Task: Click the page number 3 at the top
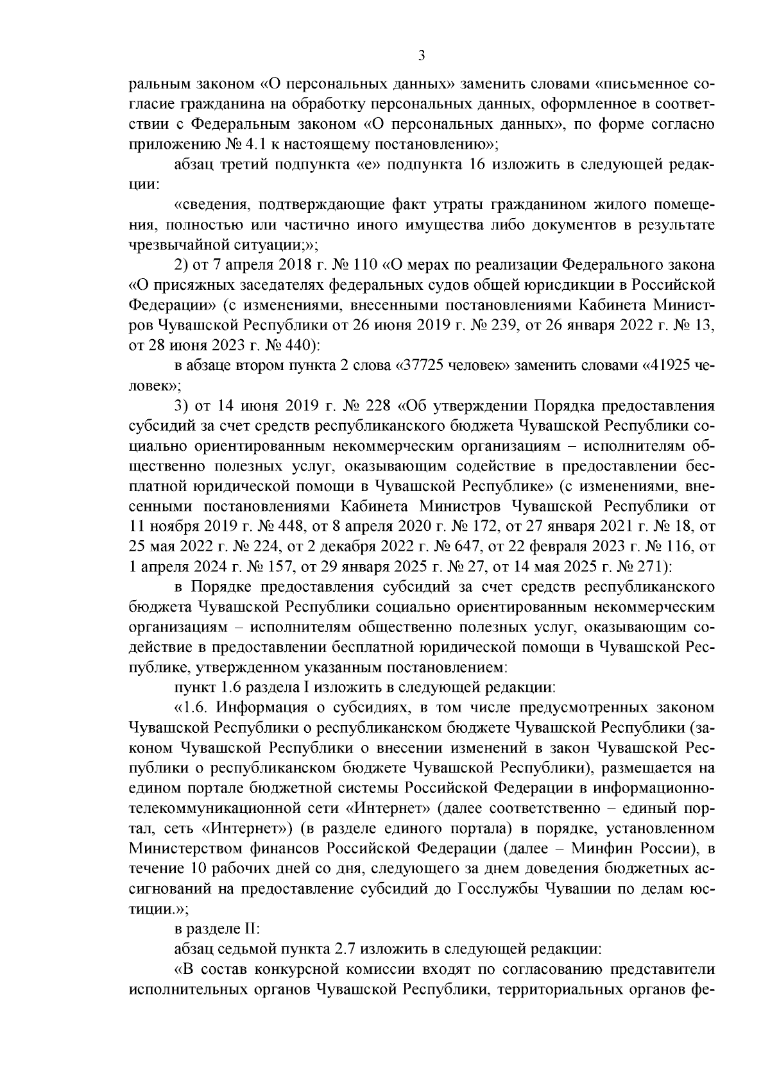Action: pyautogui.click(x=421, y=56)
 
